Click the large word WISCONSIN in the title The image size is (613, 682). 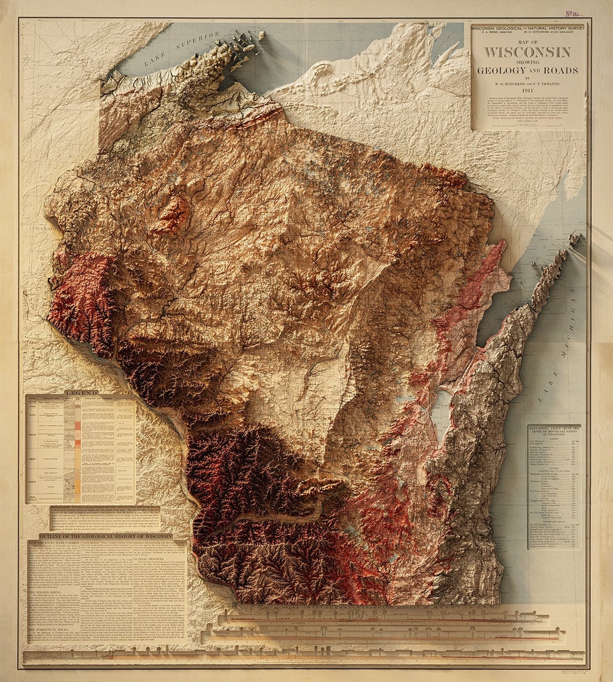click(x=527, y=52)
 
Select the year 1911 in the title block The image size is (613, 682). click(x=527, y=90)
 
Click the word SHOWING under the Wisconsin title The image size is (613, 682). click(x=527, y=62)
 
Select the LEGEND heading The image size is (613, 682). click(x=81, y=393)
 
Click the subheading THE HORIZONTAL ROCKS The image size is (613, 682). click(x=53, y=633)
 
